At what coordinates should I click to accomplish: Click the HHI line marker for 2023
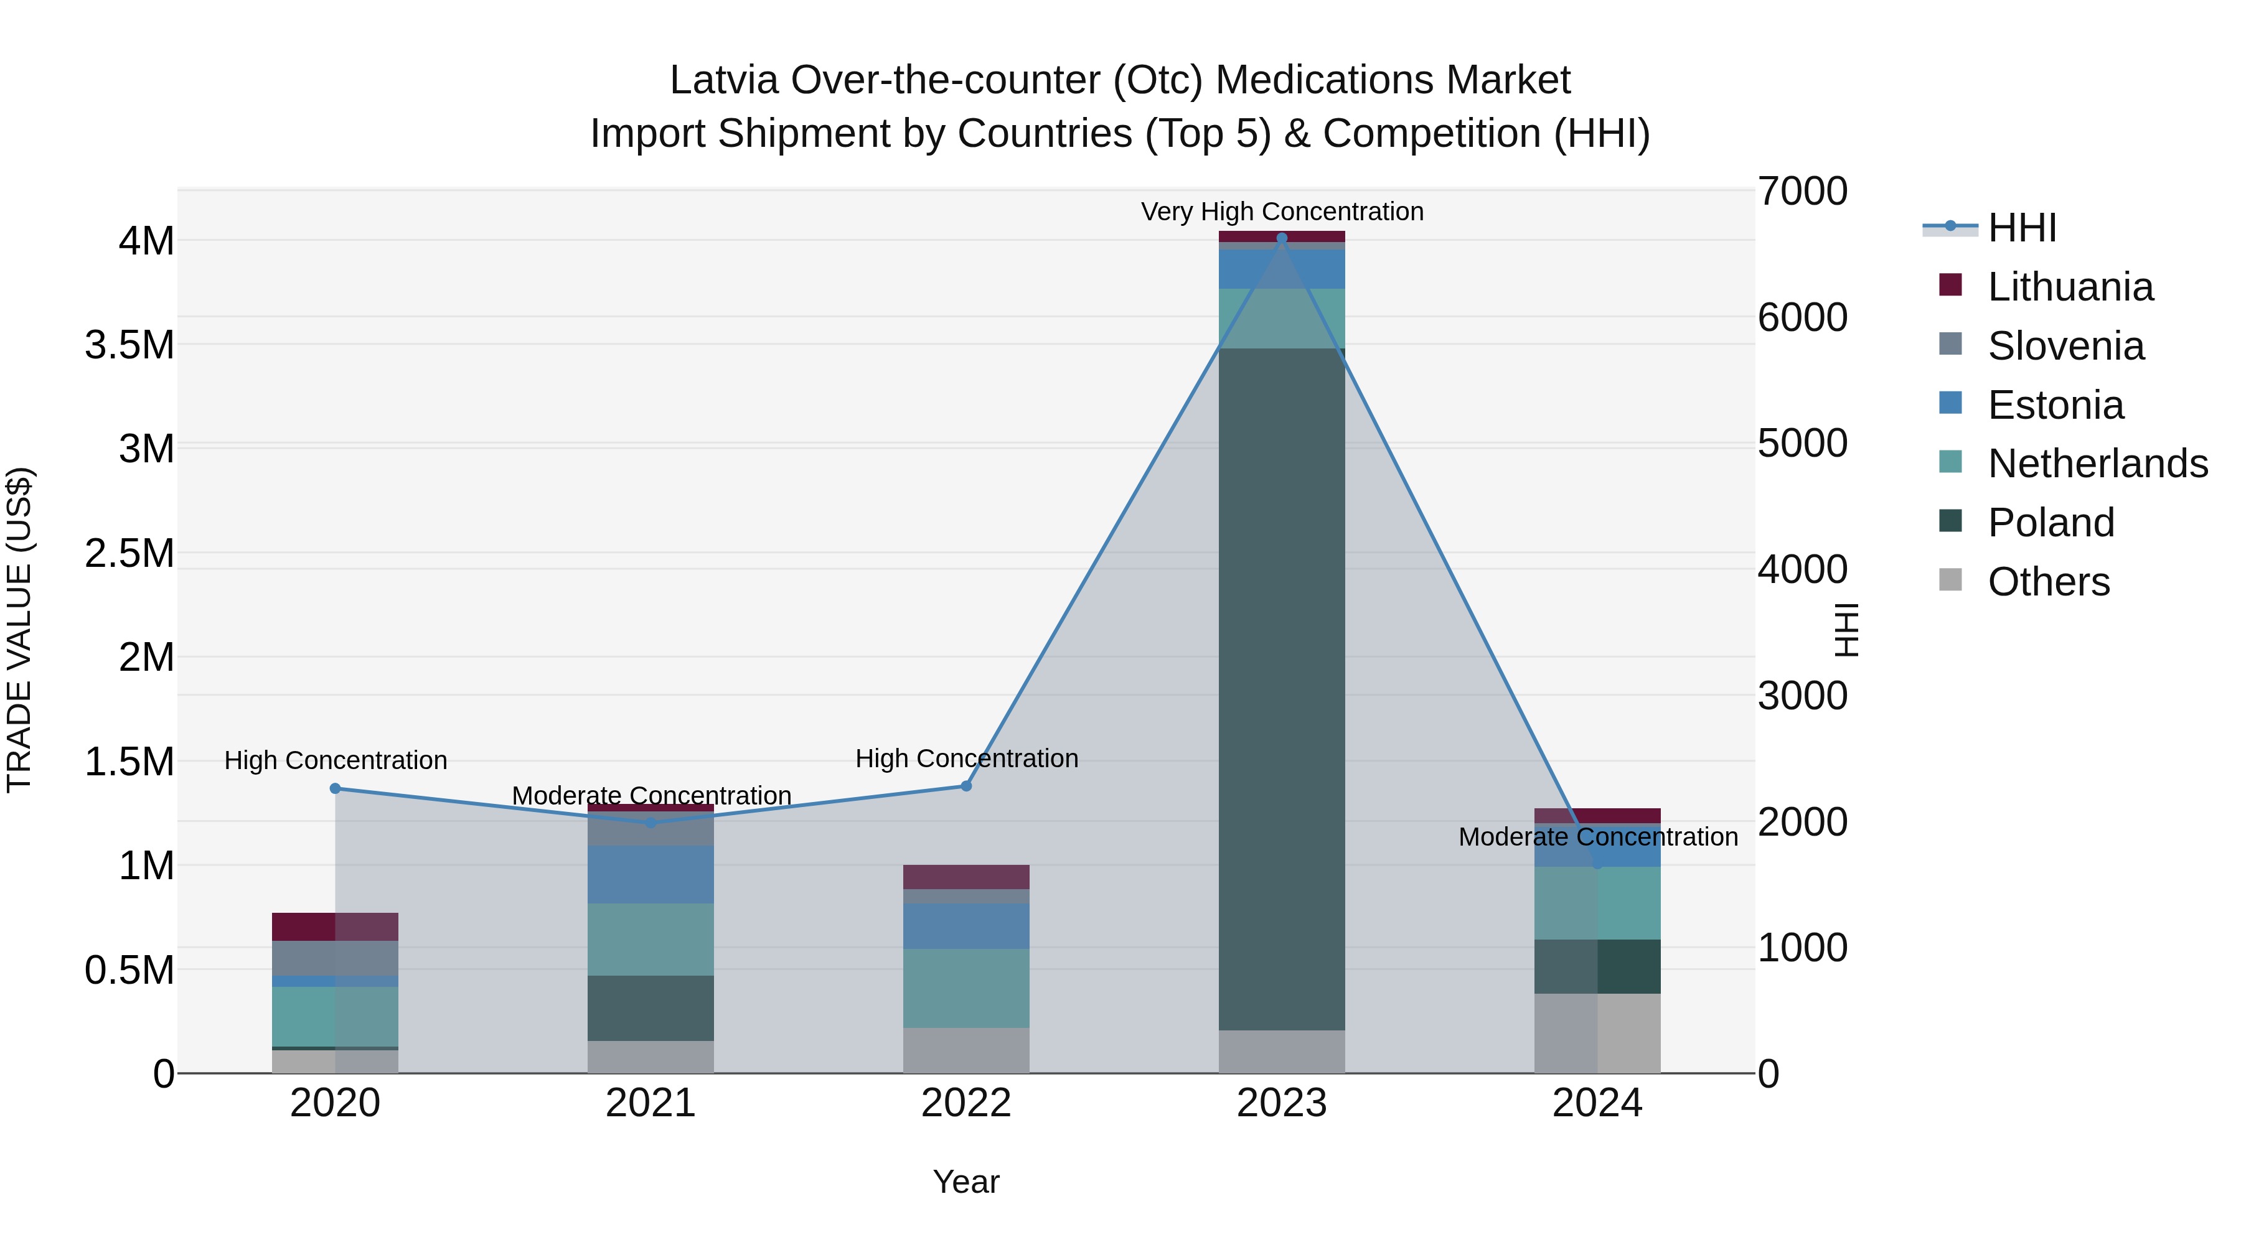pos(1282,238)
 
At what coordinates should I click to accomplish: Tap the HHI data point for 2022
pos(965,786)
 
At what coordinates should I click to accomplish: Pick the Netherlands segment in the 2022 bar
pos(965,988)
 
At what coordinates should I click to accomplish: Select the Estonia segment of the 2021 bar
pos(651,874)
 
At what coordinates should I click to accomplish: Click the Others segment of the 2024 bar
pos(1597,1033)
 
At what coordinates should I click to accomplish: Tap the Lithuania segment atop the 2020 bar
pos(335,926)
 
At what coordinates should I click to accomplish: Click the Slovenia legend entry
pos(2066,346)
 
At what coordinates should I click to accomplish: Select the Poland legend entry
pos(2051,523)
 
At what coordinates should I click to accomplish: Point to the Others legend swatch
pos(1950,580)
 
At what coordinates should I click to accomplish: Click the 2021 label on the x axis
pos(651,1103)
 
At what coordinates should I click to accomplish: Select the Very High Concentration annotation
pos(1282,212)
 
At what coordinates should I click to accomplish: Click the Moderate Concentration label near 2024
pos(1597,836)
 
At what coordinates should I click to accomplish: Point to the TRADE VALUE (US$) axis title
pos(19,630)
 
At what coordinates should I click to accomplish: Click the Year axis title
pos(965,1182)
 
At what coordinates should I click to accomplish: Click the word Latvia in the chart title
pos(724,80)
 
